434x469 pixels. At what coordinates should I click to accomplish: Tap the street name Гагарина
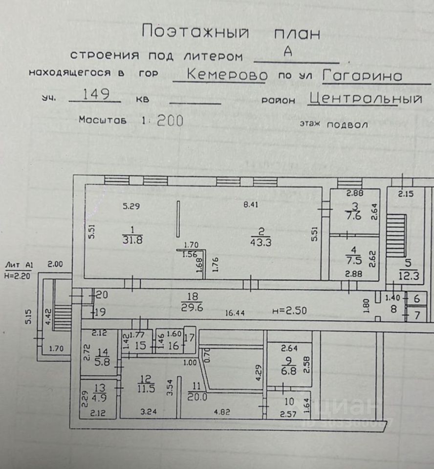coord(362,76)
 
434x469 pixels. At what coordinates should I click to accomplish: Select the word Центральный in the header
coord(366,99)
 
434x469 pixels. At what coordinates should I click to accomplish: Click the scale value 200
coord(170,121)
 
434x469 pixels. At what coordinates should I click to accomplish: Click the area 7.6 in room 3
coord(355,216)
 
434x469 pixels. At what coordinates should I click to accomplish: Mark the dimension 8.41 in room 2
coord(251,205)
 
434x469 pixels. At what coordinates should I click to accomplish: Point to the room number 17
coord(190,337)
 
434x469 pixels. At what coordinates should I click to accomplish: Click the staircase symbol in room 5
coord(396,235)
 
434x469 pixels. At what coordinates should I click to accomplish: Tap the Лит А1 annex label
coord(18,265)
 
